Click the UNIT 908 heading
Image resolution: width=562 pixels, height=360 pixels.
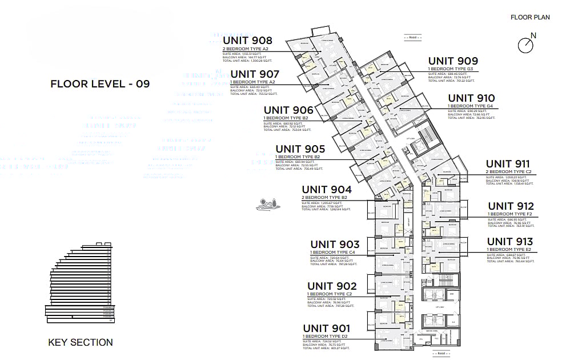(x=247, y=41)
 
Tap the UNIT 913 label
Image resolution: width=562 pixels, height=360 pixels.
(x=509, y=242)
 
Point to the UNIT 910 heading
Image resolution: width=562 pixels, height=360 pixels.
(x=471, y=98)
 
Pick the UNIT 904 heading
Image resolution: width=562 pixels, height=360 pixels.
(x=326, y=190)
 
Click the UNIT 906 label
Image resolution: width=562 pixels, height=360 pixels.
(x=288, y=110)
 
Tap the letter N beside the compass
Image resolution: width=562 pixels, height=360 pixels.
(x=533, y=36)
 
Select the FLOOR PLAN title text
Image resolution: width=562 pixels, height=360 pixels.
(x=530, y=17)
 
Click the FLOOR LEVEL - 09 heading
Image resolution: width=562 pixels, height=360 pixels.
(x=100, y=84)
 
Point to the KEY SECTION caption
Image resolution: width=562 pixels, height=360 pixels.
(x=81, y=342)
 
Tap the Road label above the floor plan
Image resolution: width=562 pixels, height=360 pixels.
(x=412, y=37)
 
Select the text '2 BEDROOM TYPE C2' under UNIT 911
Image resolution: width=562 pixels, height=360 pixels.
(x=509, y=172)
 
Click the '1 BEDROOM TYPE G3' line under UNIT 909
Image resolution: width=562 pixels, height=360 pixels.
(x=451, y=69)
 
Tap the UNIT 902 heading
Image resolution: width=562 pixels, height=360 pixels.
(x=332, y=286)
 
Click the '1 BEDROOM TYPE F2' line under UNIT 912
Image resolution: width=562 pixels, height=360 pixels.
(x=510, y=214)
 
